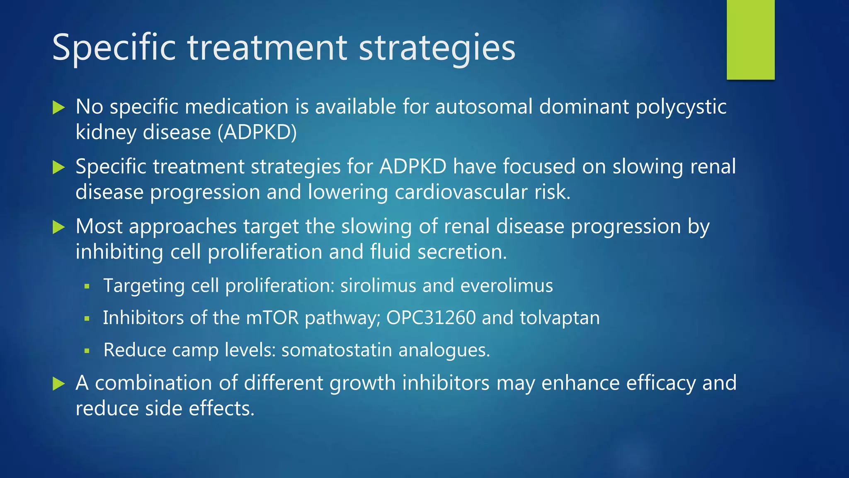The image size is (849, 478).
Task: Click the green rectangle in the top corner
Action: tap(750, 40)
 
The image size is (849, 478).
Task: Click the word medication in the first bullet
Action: tap(236, 107)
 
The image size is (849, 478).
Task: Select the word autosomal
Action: tap(483, 107)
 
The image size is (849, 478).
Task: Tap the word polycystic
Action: tap(681, 107)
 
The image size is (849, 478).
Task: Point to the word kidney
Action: tap(106, 133)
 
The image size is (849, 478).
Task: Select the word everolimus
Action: tap(507, 285)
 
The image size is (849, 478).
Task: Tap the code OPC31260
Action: tap(431, 318)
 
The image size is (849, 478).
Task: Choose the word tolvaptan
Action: tap(560, 318)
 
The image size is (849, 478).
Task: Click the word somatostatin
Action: tap(337, 350)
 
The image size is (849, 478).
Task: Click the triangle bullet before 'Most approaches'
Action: tap(59, 227)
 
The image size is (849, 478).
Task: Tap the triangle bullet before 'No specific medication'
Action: tap(59, 108)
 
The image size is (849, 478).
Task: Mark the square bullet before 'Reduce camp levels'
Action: tap(87, 351)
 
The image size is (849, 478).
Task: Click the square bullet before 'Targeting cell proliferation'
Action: tap(87, 286)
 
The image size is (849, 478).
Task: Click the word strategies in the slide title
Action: tap(437, 48)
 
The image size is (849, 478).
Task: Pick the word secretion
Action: tap(462, 252)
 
